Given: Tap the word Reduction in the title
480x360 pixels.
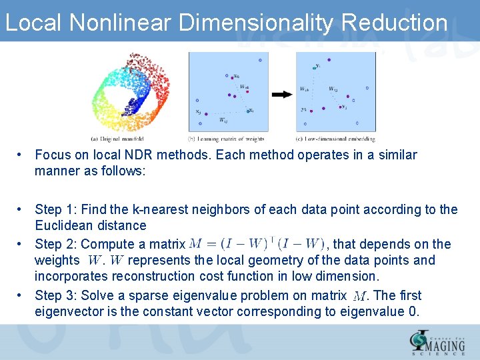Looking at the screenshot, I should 394,22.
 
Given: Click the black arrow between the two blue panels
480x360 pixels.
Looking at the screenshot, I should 282,94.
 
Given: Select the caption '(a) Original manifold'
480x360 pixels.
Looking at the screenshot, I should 115,139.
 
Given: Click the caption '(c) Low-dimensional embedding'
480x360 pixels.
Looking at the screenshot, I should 335,139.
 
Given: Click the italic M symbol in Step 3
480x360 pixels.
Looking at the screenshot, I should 360,296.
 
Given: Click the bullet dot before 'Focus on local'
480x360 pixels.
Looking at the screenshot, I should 22,155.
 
